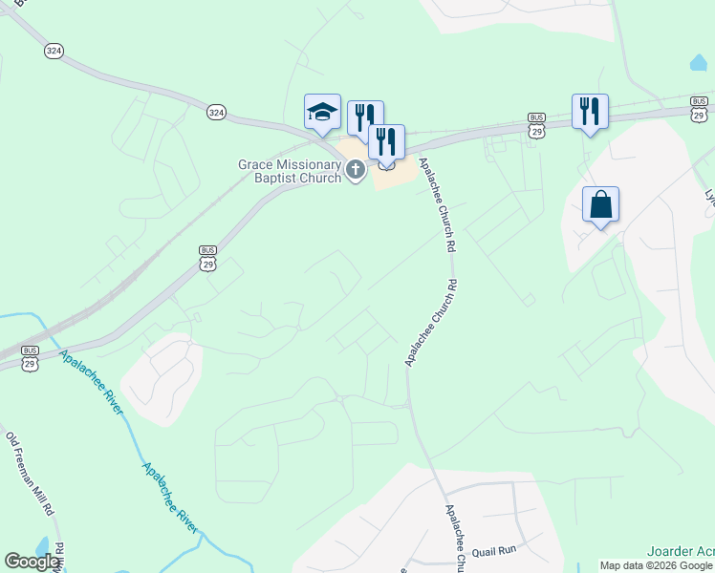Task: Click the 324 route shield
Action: (x=216, y=112)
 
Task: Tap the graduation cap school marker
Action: (x=322, y=113)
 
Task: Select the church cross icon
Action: (x=356, y=171)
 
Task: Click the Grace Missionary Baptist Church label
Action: (x=290, y=171)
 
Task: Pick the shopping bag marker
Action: (x=600, y=205)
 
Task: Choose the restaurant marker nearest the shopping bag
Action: (x=590, y=112)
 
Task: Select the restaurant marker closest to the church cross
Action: (x=386, y=142)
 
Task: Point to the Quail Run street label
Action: (x=494, y=549)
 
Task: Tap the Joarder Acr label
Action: (x=680, y=552)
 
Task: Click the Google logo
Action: (x=32, y=562)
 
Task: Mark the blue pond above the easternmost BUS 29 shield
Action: (x=699, y=63)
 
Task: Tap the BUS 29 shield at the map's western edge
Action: (x=30, y=358)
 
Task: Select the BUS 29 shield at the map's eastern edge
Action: (x=699, y=107)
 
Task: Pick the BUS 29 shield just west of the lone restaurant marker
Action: (x=536, y=124)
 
